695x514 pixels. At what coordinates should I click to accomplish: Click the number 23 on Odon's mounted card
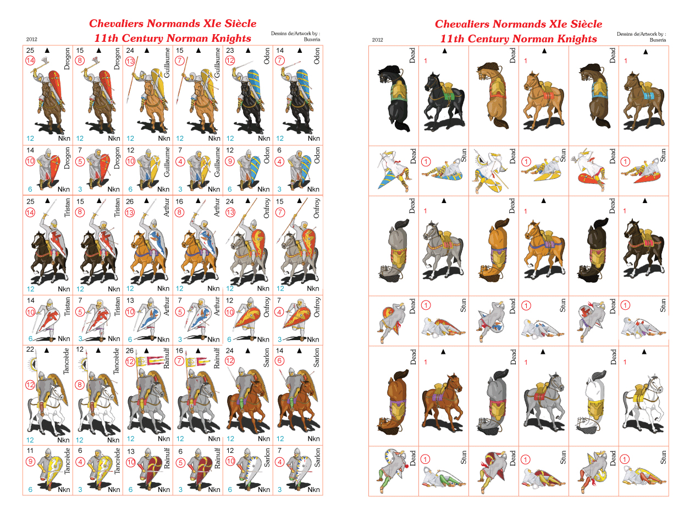(230, 51)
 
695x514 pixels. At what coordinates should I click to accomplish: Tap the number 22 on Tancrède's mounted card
(30, 349)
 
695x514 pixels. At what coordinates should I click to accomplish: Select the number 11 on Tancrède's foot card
(30, 450)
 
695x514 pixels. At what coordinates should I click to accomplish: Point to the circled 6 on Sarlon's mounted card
(279, 360)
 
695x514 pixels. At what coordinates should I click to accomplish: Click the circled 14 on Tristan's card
(30, 212)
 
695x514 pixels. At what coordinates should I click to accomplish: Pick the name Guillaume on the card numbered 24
(167, 62)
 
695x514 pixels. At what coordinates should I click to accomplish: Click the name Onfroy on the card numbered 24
(266, 208)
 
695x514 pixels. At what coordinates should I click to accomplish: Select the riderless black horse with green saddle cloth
(443, 100)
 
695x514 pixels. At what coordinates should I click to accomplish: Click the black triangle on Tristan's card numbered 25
(48, 200)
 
